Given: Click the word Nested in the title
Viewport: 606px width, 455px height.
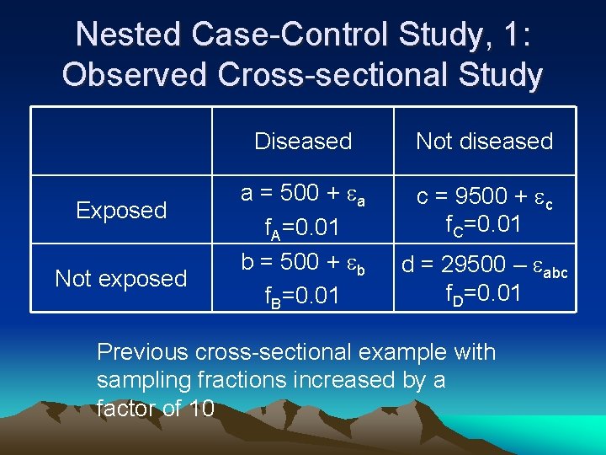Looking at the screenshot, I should click(x=128, y=35).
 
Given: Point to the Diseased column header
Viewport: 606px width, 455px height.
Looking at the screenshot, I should click(x=303, y=142).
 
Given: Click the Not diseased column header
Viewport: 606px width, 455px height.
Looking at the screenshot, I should click(x=485, y=142).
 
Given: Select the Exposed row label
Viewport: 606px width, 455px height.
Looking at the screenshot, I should click(x=121, y=210).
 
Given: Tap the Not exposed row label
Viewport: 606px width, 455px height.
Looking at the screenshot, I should click(x=121, y=278).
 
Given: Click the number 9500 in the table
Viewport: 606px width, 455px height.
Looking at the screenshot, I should click(x=477, y=197).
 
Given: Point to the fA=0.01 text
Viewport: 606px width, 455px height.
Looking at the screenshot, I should click(x=303, y=227).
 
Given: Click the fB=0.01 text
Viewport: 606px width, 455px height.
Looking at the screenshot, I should click(x=303, y=297).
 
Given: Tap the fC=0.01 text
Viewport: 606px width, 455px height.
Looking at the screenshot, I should click(x=484, y=225).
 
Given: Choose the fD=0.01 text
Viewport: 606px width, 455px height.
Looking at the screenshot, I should click(x=484, y=293).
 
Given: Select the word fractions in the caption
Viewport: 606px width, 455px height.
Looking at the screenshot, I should click(x=226, y=380).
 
